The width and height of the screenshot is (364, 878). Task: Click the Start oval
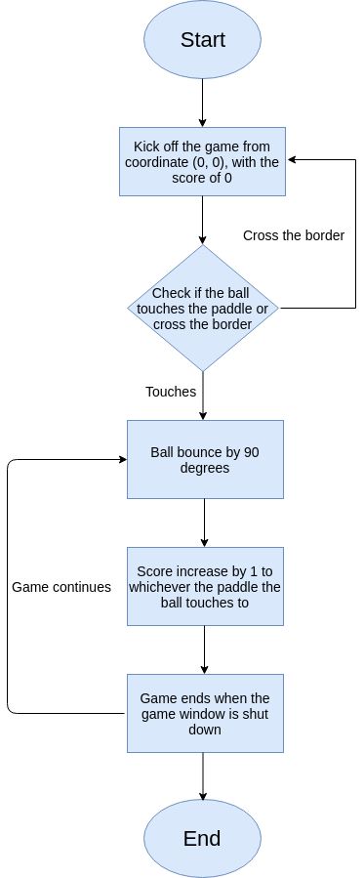(x=203, y=40)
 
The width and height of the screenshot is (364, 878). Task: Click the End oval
(x=203, y=838)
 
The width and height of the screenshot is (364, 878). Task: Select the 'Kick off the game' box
(x=203, y=161)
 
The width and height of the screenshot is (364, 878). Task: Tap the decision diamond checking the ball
(x=203, y=308)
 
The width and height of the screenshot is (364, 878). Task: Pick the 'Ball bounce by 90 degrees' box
(x=204, y=459)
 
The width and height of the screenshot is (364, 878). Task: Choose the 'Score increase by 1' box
(x=204, y=586)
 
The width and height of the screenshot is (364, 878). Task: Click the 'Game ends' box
(x=204, y=713)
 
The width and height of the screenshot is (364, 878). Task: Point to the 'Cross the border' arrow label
(x=294, y=235)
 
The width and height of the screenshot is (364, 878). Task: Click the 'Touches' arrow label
(x=171, y=392)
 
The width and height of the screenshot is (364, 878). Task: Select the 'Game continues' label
(x=61, y=587)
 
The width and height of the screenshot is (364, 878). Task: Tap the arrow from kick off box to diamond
(x=203, y=220)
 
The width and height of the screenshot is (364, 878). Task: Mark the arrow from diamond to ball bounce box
(x=203, y=396)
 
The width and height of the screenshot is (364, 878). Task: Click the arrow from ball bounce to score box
(x=204, y=523)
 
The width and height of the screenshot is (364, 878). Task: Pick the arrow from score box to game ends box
(x=204, y=649)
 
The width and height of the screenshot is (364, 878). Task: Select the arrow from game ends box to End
(x=203, y=776)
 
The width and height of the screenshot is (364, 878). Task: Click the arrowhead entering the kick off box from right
(x=292, y=161)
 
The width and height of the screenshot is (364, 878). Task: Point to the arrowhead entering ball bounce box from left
(x=121, y=459)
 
